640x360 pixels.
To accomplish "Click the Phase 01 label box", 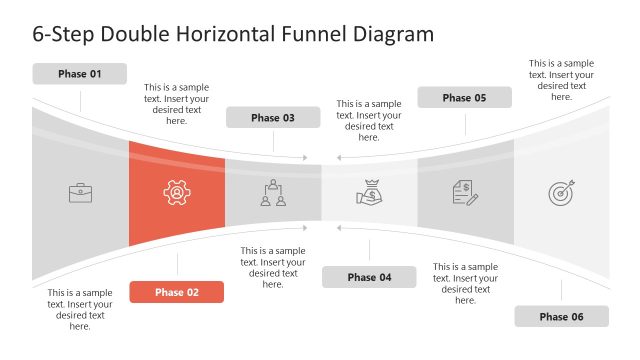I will coord(80,74).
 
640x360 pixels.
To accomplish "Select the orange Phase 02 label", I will coord(176,292).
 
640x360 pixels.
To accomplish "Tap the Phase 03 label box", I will coord(273,118).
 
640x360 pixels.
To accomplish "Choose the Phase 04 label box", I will coord(369,277).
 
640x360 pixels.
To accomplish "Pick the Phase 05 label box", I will coord(464,98).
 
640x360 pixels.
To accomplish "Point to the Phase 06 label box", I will coord(561,317).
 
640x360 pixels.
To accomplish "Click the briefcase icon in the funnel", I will coord(80,193).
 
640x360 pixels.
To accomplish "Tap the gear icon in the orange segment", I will coord(176,193).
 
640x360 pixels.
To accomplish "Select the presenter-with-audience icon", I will coord(273,193).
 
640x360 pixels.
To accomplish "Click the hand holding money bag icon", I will coord(369,191).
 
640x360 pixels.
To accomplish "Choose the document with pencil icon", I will coord(465,193).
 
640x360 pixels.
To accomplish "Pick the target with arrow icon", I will coord(561,193).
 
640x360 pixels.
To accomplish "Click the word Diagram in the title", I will coord(396,33).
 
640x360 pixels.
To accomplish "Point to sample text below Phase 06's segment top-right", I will coord(561,80).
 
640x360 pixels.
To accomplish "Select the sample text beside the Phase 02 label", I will coord(80,310).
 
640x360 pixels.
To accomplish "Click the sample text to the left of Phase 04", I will coord(273,268).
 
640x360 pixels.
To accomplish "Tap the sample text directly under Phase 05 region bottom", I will coord(465,284).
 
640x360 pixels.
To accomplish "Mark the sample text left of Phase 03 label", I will coord(176,104).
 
